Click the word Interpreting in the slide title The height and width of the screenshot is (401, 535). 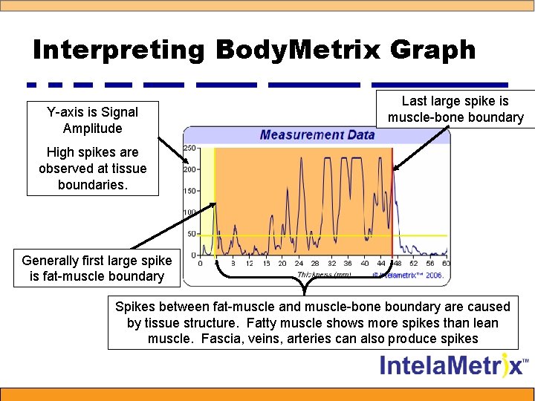coord(117,50)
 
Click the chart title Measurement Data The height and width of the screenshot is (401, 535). coord(317,134)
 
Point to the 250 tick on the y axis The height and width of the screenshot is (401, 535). coord(189,148)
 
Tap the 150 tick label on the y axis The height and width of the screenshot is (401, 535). coord(189,191)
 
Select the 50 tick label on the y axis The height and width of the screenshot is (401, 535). coord(191,234)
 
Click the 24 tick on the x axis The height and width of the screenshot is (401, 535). coord(297,263)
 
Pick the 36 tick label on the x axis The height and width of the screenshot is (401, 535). coord(348,263)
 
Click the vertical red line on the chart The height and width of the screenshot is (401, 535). coord(392,200)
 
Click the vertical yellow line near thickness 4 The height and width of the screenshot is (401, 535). coord(214,200)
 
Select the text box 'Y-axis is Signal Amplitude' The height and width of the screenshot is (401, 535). coord(93,120)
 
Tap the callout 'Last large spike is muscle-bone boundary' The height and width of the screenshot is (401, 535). coord(455,109)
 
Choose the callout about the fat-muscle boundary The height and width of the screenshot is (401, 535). coord(97,268)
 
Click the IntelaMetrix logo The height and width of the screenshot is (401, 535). coord(454,366)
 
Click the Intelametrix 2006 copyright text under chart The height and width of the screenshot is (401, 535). coord(408,275)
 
